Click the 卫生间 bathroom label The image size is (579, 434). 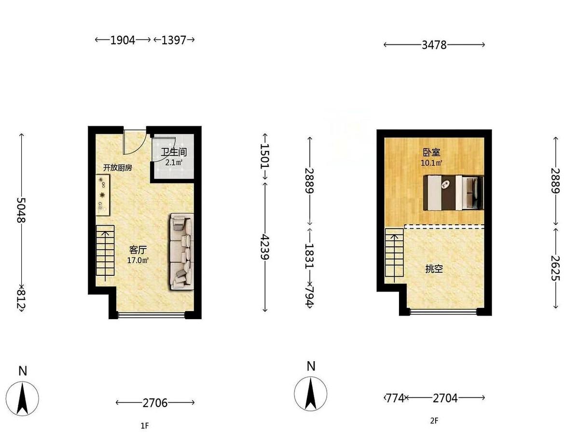174,152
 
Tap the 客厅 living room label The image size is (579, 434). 138,249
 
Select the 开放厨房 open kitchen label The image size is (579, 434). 117,168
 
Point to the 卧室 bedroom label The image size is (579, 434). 431,152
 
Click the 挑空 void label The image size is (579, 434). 434,269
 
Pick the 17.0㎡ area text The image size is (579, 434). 138,260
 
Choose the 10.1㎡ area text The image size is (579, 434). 431,163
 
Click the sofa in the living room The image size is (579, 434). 182,251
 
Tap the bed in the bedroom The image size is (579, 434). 453,192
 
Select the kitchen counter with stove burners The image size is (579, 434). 103,195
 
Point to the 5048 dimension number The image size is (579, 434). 21,210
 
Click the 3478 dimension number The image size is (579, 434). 434,45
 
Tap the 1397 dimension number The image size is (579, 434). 174,41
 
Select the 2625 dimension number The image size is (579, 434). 555,268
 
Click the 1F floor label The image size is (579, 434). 145,426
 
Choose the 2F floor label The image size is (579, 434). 434,421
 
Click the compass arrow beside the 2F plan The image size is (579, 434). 311,393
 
